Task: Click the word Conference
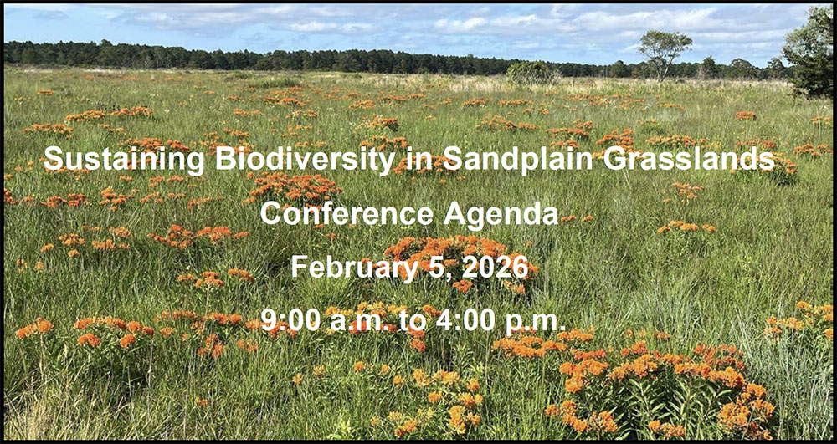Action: pos(347,213)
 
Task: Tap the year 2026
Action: pos(496,267)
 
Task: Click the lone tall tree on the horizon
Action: pos(665,54)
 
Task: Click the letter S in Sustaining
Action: pos(54,159)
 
